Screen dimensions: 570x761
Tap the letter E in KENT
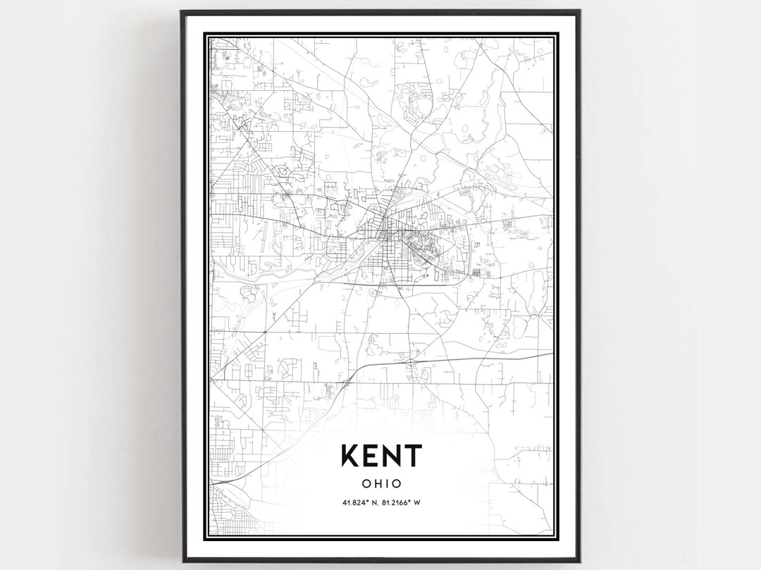(x=371, y=456)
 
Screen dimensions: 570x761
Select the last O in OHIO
(x=397, y=484)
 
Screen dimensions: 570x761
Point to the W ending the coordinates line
(x=418, y=502)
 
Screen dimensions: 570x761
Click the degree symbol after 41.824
(x=367, y=500)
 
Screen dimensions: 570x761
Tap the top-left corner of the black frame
(x=182, y=11)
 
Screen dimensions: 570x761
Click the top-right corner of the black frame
(x=579, y=11)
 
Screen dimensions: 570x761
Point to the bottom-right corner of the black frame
(x=579, y=560)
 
